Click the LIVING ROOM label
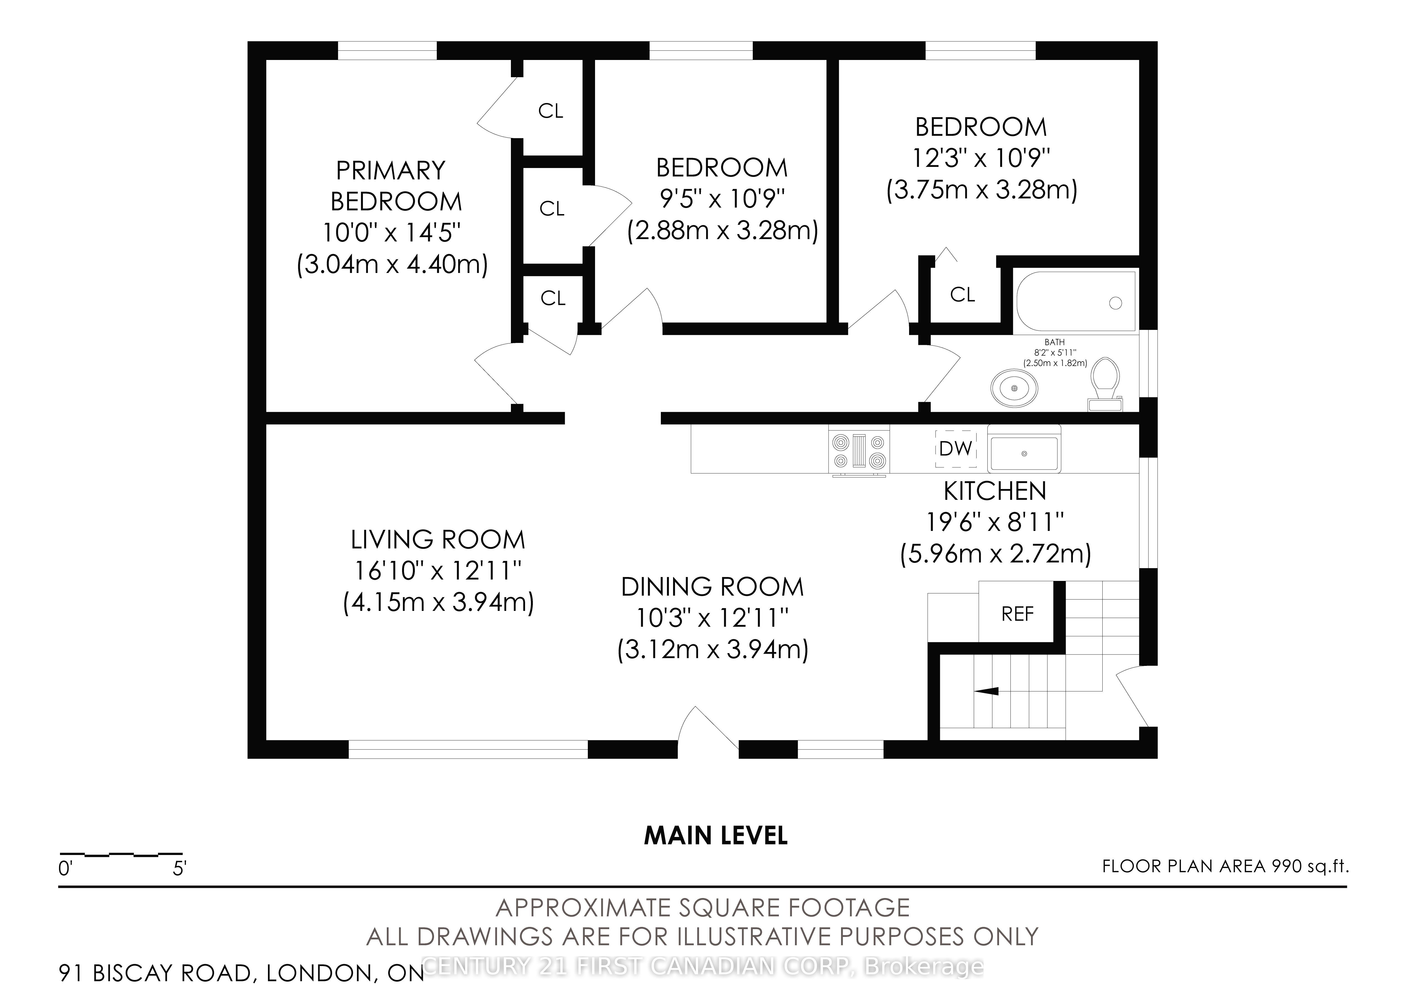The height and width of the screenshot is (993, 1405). (x=438, y=540)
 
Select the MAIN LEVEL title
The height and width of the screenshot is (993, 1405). (x=716, y=836)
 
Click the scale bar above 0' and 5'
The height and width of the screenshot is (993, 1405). (x=121, y=854)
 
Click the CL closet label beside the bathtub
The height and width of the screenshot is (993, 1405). (x=963, y=295)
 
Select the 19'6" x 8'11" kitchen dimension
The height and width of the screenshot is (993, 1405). (x=995, y=523)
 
